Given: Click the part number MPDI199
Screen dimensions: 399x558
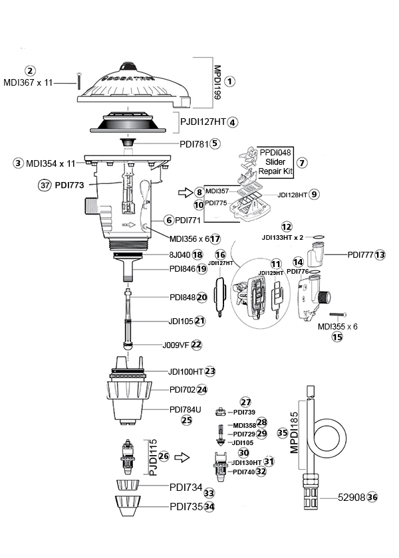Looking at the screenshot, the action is coord(217,82).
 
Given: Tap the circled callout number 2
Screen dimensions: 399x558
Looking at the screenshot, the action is coord(30,71).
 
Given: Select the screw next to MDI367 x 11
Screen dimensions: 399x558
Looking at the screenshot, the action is coord(78,81).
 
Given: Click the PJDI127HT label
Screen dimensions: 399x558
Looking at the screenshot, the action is coord(203,122).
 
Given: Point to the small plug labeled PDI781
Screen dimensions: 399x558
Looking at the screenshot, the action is coord(128,142).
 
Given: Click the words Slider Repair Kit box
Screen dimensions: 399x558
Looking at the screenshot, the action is coord(275,162).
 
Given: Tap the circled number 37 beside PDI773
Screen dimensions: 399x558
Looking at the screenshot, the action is coord(44,185).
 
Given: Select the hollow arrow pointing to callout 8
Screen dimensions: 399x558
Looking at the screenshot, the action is coord(186,193).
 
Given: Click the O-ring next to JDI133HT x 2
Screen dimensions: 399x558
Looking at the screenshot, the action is coord(318,237).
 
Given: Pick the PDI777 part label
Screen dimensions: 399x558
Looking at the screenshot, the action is coord(360,255).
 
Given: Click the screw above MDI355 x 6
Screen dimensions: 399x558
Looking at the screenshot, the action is coord(338,315).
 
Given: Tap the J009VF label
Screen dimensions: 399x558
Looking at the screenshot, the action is coord(176,345).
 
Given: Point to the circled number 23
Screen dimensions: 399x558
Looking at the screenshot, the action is coord(210,371).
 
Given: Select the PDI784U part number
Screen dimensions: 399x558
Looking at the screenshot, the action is coord(186,410).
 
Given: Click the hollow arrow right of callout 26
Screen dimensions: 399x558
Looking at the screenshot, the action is coord(182,457).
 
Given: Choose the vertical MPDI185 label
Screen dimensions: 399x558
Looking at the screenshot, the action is coord(294,432).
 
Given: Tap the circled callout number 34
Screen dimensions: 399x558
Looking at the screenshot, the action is coord(209,507).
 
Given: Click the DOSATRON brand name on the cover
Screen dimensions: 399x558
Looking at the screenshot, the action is coord(129,78).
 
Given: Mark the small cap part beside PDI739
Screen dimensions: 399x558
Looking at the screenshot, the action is coord(221,412).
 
